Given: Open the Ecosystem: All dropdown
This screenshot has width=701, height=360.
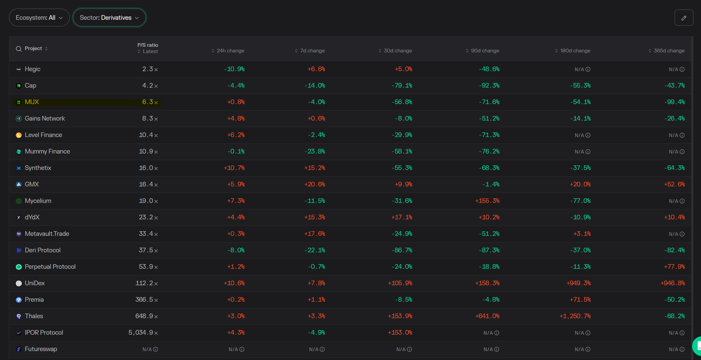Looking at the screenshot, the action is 39,17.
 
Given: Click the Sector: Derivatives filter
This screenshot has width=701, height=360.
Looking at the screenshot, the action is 109,17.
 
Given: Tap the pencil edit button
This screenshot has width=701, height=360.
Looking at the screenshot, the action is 684,18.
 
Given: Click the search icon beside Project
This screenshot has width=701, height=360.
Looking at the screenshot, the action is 19,49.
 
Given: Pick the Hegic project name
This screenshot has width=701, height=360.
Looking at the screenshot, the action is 33,69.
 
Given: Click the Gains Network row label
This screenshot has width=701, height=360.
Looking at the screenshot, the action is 45,119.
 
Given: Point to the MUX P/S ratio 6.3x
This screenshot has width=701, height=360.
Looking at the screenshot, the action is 150,102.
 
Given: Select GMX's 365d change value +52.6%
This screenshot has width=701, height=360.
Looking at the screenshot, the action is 674,184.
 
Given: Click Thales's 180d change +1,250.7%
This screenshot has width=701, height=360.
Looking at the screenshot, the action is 575,316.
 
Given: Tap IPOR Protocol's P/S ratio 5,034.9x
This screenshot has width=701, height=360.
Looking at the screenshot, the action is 143,333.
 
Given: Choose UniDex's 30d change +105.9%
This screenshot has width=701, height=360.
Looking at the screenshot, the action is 400,283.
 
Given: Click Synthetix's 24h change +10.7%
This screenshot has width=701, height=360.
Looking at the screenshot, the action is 234,168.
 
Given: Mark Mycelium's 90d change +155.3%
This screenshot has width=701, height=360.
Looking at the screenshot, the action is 487,201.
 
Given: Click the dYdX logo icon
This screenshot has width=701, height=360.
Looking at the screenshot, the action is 19,217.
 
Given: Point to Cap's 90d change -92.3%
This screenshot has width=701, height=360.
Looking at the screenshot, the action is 489,86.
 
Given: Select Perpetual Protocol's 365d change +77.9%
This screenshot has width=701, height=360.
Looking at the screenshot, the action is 674,267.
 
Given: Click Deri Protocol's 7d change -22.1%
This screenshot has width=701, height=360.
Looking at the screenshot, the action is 315,250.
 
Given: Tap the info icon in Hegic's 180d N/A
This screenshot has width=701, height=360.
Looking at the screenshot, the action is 588,69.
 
